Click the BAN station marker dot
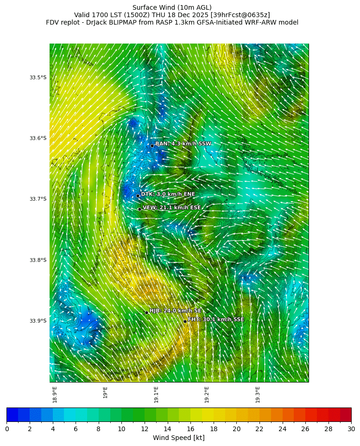pos(152,146)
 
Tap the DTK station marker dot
pos(138,196)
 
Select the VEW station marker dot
pos(139,209)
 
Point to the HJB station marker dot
pos(146,312)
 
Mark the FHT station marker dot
pos(185,321)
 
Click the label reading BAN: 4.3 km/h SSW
pos(183,144)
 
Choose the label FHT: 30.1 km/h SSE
pos(216,319)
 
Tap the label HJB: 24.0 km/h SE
pos(175,311)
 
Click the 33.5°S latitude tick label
pos(38,77)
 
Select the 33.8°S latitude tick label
pos(38,260)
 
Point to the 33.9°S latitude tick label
pos(38,321)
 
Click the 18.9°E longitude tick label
pos(55,395)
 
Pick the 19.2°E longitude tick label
pos(207,395)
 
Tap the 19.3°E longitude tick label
pos(258,395)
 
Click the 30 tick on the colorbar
pos(351,429)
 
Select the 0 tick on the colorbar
pos(7,429)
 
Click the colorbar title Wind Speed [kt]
pos(179,438)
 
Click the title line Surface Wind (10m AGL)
pos(172,7)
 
